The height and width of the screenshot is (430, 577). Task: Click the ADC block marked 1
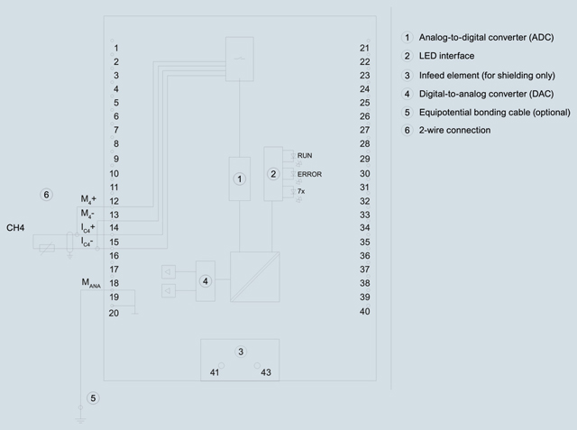[x=240, y=178]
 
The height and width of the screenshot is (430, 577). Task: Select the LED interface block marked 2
[x=273, y=174]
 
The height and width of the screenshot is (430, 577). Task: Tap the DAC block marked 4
[x=206, y=281]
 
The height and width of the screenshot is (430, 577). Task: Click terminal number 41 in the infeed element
[x=215, y=372]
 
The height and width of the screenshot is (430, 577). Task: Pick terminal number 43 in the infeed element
[x=266, y=372]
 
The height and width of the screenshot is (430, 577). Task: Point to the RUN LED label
[x=305, y=156]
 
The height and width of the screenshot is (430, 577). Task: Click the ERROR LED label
[x=309, y=174]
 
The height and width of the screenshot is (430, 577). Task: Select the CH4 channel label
[x=15, y=228]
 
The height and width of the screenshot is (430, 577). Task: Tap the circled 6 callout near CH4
[x=46, y=195]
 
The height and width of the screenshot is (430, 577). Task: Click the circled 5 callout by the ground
[x=93, y=398]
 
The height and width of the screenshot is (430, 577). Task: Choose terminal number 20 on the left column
[x=114, y=313]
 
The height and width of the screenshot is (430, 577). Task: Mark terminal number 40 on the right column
[x=364, y=312]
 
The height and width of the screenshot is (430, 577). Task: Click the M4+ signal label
[x=88, y=199]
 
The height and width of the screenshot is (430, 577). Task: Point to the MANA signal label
[x=91, y=283]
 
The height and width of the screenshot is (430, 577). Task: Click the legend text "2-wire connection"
[x=454, y=130]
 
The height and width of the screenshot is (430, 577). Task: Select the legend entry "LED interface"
[x=447, y=56]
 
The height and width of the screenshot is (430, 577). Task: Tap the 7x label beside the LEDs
[x=301, y=191]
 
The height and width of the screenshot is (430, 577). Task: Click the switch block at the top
[x=240, y=59]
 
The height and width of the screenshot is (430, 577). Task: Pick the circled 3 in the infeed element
[x=241, y=352]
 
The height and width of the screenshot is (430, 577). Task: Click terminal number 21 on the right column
[x=364, y=48]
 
